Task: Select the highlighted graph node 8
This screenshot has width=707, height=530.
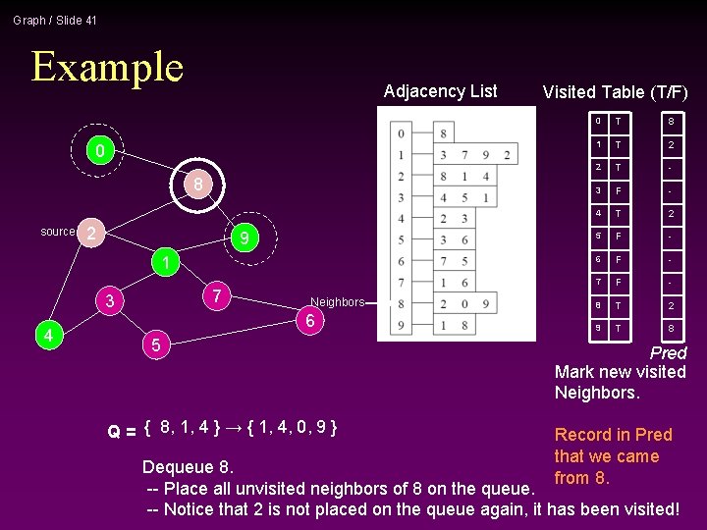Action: tap(197, 185)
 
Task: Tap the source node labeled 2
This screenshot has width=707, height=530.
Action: tap(90, 233)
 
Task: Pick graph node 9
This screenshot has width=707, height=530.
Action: tap(245, 238)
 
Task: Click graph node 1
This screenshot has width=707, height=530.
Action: tap(168, 263)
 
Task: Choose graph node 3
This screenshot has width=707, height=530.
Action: tap(111, 301)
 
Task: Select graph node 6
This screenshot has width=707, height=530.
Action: tap(309, 322)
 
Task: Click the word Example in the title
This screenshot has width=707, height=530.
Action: tap(107, 67)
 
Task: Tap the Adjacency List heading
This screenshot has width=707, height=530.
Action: tap(440, 91)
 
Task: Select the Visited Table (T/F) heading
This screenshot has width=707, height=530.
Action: tap(615, 92)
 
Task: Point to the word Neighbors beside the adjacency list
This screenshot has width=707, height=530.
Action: tap(337, 302)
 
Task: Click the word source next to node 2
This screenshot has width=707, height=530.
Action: tap(58, 232)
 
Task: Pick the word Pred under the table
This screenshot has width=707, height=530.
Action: tap(668, 352)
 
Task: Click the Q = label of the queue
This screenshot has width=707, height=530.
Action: tap(122, 430)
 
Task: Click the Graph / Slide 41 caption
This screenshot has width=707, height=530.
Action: tap(55, 20)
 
